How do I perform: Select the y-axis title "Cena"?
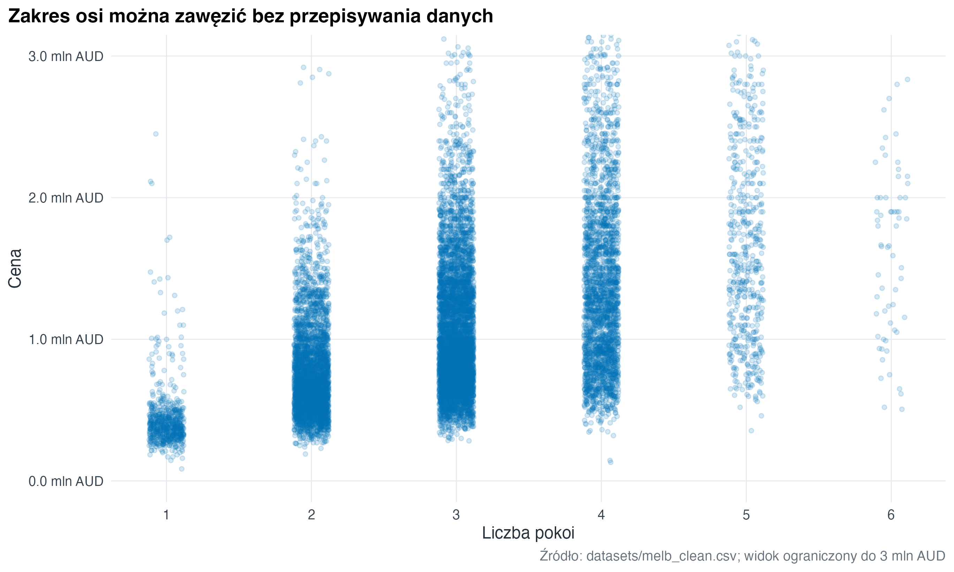coord(15,268)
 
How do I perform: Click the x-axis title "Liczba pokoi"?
coord(528,533)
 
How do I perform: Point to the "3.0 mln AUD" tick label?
coord(66,56)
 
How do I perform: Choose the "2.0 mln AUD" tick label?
coord(66,198)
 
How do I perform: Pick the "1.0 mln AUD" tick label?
coord(66,340)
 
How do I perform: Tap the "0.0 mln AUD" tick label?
coord(66,481)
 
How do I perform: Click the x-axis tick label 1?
coord(166,515)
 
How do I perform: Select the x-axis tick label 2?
coord(311,515)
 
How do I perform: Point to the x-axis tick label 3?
coord(456,515)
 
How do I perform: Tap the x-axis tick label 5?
coord(746,515)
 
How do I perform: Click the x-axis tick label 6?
coord(891,515)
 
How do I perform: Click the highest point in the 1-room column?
coord(156,134)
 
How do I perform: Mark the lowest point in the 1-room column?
coord(182,469)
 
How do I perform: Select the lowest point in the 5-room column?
coord(751,430)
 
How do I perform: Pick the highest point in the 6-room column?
coord(907,79)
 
